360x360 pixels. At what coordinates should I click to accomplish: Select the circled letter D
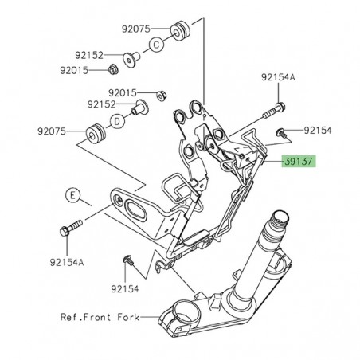(x=116, y=122)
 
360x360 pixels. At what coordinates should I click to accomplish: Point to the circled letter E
(x=72, y=194)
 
